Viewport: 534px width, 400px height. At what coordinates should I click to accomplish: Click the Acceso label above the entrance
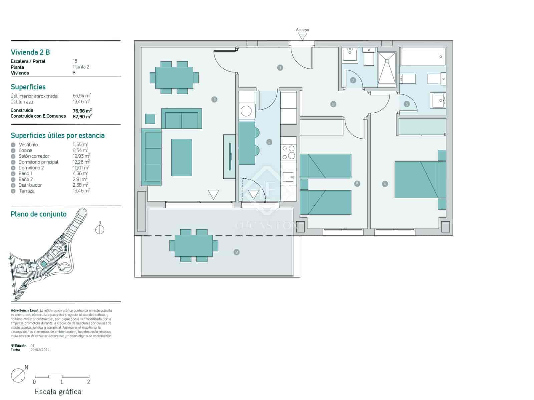point(302,30)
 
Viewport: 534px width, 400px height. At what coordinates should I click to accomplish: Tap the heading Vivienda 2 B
point(30,52)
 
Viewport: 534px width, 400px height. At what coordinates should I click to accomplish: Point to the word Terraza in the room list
point(26,191)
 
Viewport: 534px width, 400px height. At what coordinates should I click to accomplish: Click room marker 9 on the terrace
point(237,252)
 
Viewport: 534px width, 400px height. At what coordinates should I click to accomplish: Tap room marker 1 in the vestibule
point(280,68)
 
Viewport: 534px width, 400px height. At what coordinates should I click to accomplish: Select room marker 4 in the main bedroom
point(385,184)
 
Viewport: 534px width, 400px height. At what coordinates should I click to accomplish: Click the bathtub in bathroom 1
point(423,57)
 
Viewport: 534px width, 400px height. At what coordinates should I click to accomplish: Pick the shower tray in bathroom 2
point(387,69)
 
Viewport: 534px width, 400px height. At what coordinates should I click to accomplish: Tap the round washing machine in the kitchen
point(246,111)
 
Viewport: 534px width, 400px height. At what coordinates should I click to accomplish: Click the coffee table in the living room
point(182,157)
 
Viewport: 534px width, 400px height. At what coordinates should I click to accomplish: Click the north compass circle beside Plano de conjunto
point(99,229)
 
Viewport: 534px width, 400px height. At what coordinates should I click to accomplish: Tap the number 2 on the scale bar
point(88,382)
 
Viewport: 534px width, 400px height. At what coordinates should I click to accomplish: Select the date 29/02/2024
point(40,350)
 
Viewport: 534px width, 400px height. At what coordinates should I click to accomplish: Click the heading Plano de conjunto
point(39,214)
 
